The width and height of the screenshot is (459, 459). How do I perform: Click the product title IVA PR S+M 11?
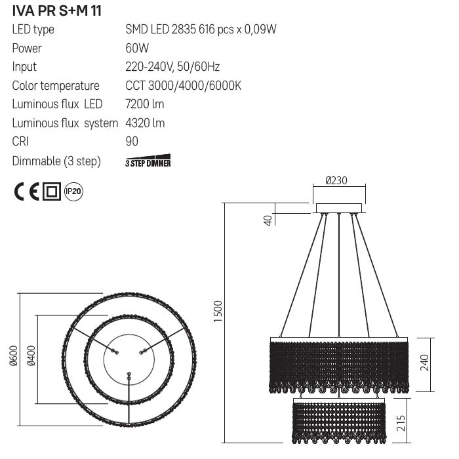pyautogui.click(x=56, y=11)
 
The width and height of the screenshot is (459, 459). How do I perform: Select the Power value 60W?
pyautogui.click(x=137, y=49)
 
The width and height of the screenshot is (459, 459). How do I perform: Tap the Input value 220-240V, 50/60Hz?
pyautogui.click(x=172, y=67)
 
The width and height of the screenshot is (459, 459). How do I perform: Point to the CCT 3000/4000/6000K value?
pyautogui.click(x=184, y=86)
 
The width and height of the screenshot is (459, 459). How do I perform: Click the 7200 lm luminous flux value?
pyautogui.click(x=144, y=104)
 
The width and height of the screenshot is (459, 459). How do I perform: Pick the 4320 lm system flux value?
pyautogui.click(x=144, y=123)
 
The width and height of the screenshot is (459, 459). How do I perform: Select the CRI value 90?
pyautogui.click(x=131, y=142)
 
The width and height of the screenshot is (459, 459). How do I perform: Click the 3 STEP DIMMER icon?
pyautogui.click(x=148, y=162)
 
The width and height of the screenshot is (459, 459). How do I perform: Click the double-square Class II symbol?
pyautogui.click(x=52, y=192)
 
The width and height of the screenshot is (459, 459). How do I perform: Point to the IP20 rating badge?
pyautogui.click(x=74, y=191)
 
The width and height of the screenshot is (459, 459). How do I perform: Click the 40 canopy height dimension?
pyautogui.click(x=268, y=219)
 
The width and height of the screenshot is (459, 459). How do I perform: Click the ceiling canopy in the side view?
pyautogui.click(x=338, y=209)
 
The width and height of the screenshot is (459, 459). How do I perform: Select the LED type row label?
pyautogui.click(x=33, y=30)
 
